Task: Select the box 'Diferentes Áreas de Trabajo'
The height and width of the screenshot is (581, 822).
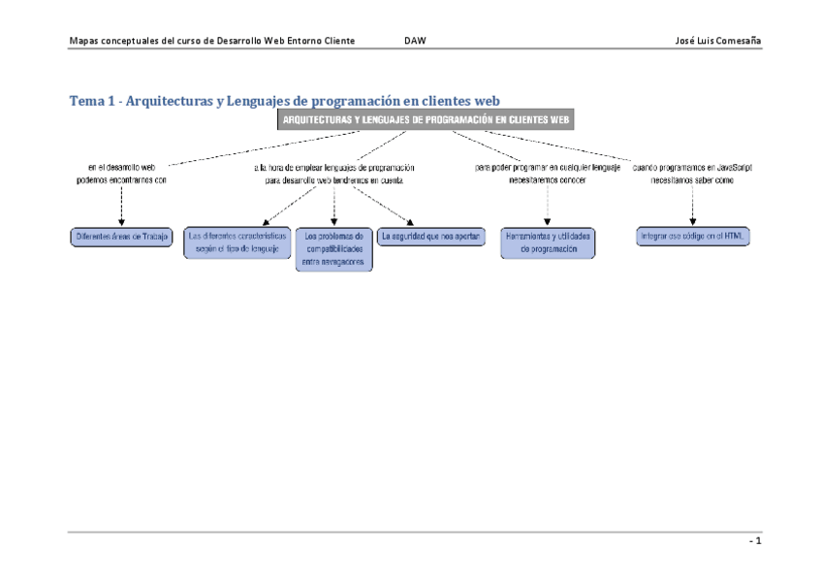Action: coord(121,236)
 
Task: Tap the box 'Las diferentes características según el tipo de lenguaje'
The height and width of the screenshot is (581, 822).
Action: coord(237,242)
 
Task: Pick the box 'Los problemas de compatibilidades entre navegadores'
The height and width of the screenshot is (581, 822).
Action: coord(333,248)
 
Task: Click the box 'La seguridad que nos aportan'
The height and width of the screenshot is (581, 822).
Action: coord(430,236)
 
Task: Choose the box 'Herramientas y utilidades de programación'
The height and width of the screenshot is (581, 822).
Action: coord(548,242)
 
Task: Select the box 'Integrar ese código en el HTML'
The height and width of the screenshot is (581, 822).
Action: coord(692,236)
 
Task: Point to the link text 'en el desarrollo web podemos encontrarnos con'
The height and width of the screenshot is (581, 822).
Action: coord(121,174)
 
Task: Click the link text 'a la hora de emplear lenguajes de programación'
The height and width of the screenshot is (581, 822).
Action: coord(334,168)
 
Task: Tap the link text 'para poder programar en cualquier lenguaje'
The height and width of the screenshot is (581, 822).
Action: coord(548,168)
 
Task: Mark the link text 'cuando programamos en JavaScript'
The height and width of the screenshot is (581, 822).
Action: coord(692,168)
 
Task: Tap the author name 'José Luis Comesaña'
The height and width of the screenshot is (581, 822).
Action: coord(717,41)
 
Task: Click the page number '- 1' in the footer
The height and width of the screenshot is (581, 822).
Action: coord(755,541)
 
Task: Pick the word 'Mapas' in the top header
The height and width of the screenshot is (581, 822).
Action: coord(84,41)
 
